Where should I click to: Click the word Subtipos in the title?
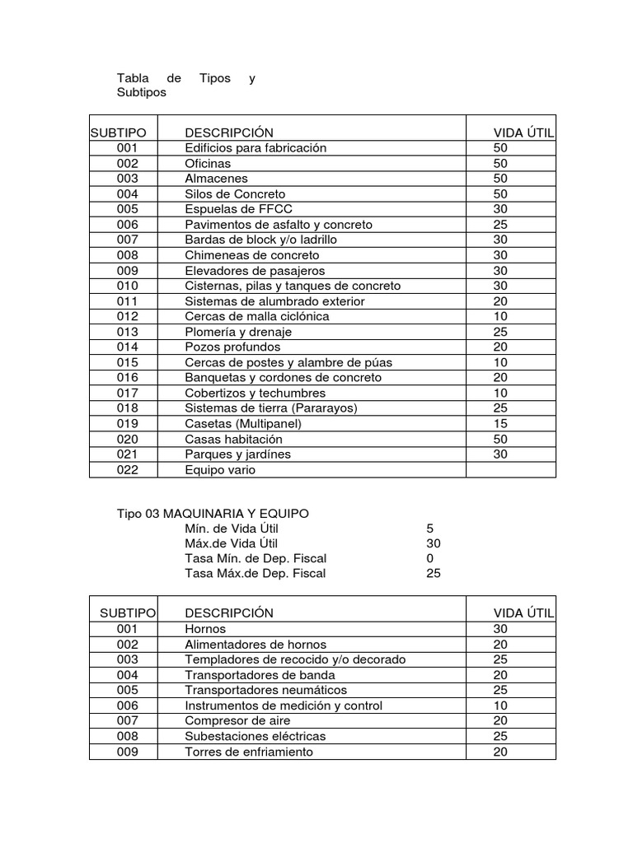pyautogui.click(x=142, y=93)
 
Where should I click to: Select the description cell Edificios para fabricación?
pyautogui.click(x=256, y=148)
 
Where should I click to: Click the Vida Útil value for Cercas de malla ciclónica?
pyautogui.click(x=500, y=316)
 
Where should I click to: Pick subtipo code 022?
pyautogui.click(x=128, y=469)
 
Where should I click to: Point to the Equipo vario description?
pyautogui.click(x=220, y=469)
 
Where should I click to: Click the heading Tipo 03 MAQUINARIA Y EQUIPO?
pyautogui.click(x=213, y=513)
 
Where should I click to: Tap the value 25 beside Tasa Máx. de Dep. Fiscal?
pyautogui.click(x=434, y=573)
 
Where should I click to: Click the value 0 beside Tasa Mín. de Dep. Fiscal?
pyautogui.click(x=430, y=558)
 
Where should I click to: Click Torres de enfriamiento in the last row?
pyautogui.click(x=249, y=752)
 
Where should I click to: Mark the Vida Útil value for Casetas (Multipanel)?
pyautogui.click(x=500, y=423)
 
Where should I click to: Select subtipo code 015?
pyautogui.click(x=128, y=362)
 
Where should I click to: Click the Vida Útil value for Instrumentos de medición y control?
pyautogui.click(x=500, y=706)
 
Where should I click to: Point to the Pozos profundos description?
pyautogui.click(x=232, y=347)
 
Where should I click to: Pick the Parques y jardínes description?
pyautogui.click(x=237, y=454)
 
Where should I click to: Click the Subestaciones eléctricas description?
pyautogui.click(x=255, y=736)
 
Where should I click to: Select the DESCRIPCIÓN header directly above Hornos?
pyautogui.click(x=229, y=613)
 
